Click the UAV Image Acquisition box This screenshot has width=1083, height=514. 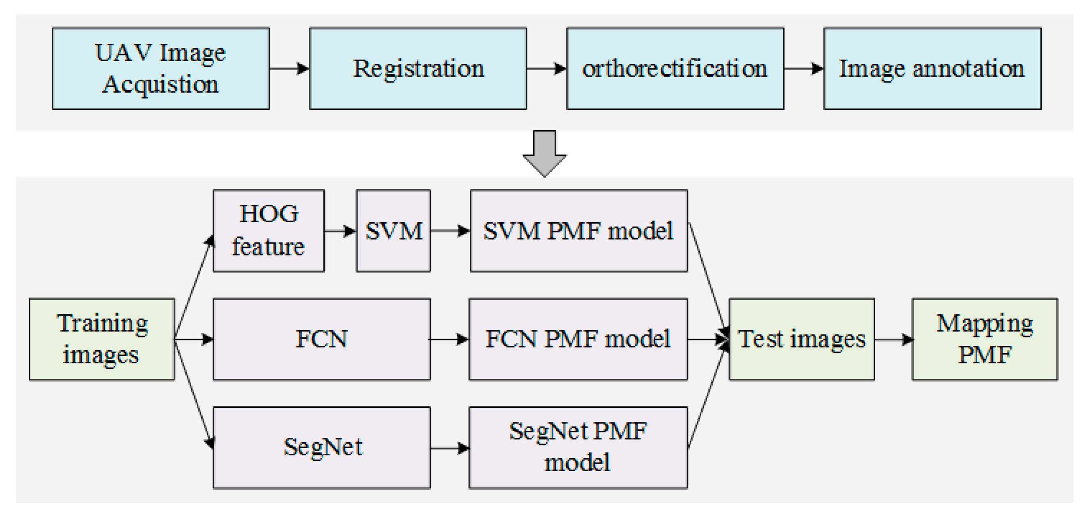click(161, 69)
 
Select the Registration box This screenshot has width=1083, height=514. click(418, 69)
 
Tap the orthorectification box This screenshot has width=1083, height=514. click(675, 69)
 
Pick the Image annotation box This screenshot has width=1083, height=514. click(932, 69)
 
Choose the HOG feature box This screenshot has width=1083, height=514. click(268, 231)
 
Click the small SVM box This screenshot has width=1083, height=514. click(393, 231)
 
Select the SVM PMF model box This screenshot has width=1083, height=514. click(578, 231)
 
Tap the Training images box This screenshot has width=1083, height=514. click(102, 339)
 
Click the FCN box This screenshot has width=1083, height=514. click(321, 339)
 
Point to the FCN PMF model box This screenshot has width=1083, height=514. click(578, 339)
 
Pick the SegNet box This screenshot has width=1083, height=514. click(321, 447)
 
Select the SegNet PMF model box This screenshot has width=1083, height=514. click(578, 447)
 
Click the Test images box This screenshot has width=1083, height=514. click(801, 339)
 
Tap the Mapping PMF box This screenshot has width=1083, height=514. click(984, 339)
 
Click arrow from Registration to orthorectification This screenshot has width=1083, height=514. click(546, 69)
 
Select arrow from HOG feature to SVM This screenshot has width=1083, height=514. click(340, 231)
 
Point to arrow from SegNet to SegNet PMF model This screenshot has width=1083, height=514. click(449, 448)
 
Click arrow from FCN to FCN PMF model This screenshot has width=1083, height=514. click(449, 340)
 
